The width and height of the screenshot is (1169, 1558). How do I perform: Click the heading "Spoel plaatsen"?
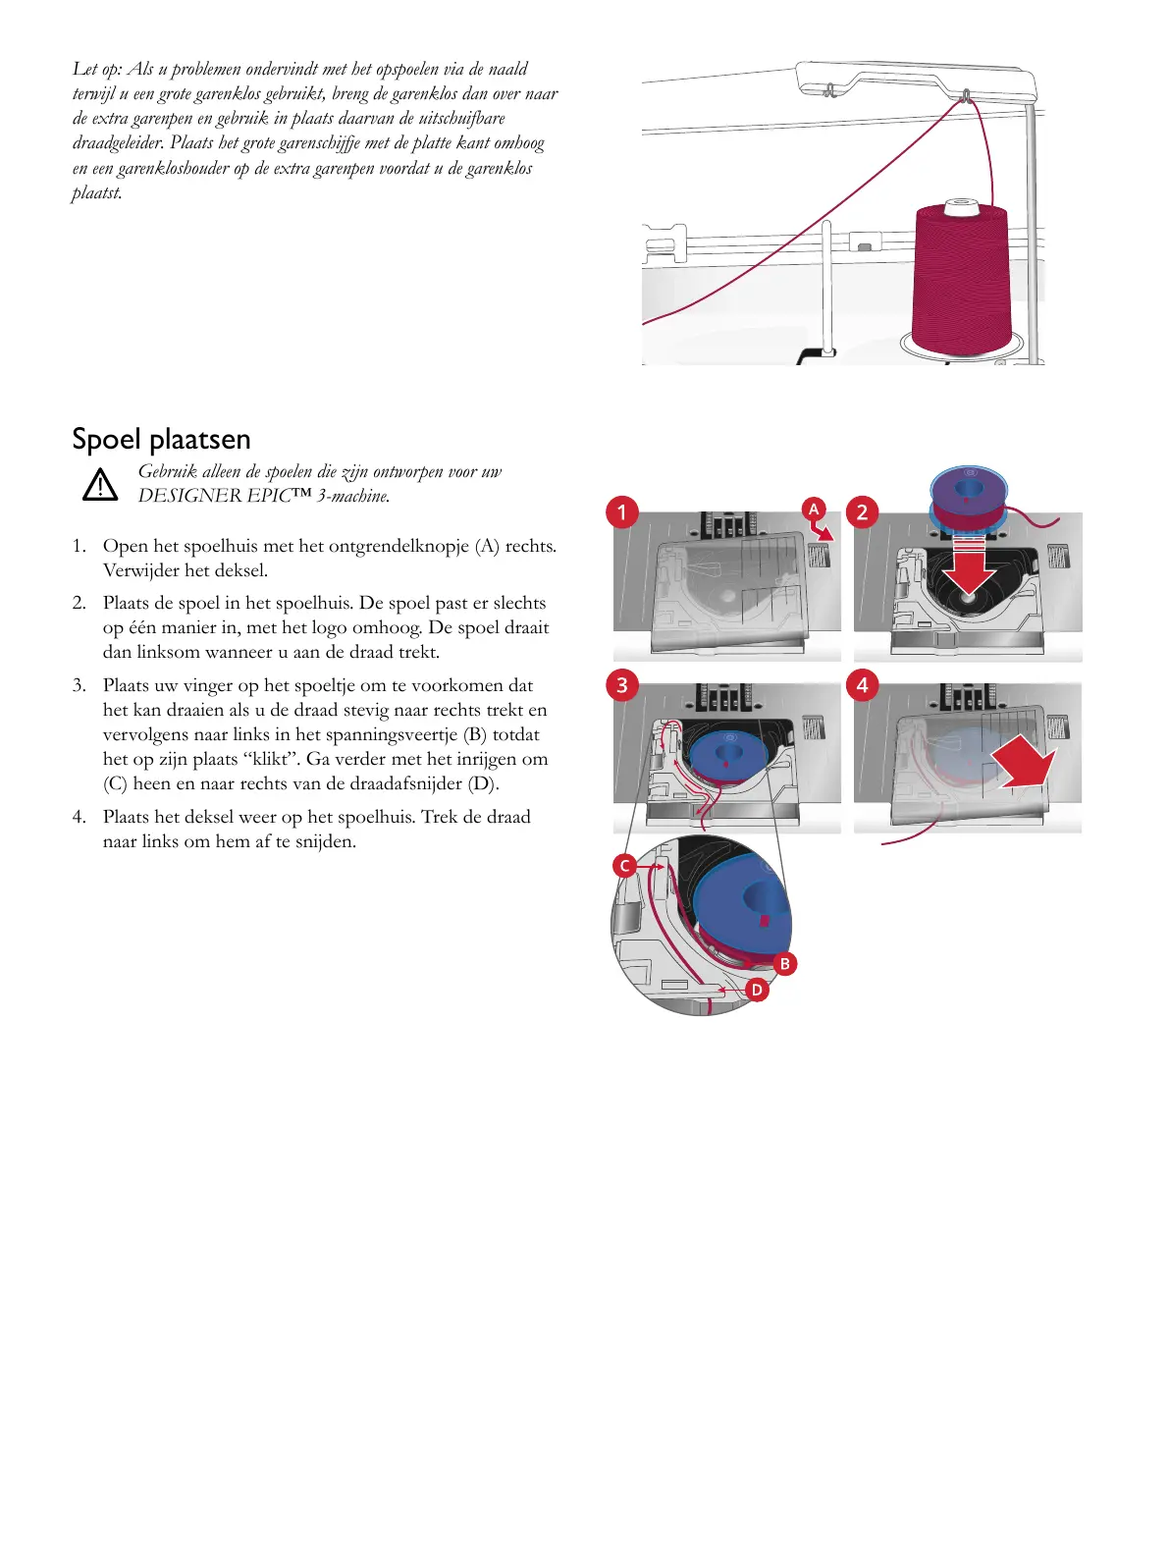[161, 439]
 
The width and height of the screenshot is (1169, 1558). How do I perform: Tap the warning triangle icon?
[100, 485]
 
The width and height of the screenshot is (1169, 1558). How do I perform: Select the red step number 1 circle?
[621, 511]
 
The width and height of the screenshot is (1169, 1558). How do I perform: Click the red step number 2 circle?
[862, 511]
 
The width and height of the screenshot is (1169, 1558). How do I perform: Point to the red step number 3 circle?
[621, 684]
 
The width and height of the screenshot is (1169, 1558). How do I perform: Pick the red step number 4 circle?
[862, 684]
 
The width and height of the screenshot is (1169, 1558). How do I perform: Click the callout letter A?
[813, 509]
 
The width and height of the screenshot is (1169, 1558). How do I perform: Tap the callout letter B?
[784, 964]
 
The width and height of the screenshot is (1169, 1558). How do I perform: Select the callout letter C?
[624, 866]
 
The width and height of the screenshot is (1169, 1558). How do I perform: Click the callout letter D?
[757, 990]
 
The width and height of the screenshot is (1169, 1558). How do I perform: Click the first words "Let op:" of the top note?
[98, 69]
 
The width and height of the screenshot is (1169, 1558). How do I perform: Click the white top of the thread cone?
[960, 207]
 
